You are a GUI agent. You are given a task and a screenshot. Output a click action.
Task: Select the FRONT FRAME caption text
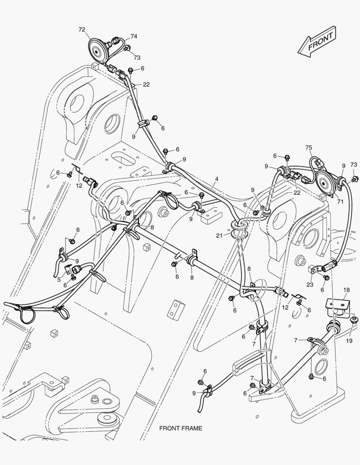coord(180,428)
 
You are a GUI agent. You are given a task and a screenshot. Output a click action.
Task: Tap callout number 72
coord(82,29)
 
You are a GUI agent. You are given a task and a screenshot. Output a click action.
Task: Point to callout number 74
coord(134,37)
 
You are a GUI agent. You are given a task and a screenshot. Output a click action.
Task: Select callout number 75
coord(308,148)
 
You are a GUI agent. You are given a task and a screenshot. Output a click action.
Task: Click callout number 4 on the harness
coord(217,178)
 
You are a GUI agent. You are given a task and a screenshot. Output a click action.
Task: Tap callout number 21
coord(220,236)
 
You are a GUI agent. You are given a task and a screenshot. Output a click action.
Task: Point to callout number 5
coord(59,279)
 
